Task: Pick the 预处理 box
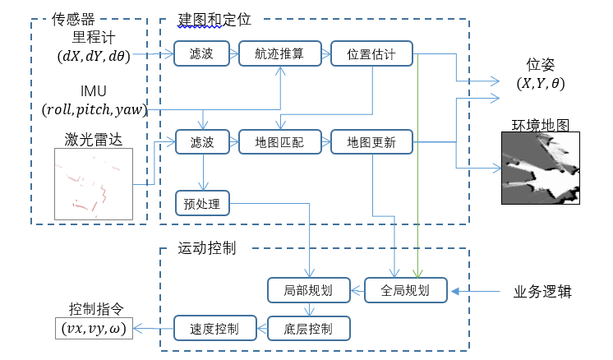pos(202,201)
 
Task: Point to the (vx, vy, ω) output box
pos(90,329)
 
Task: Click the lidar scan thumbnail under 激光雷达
pos(93,184)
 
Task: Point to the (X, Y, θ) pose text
pos(540,83)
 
